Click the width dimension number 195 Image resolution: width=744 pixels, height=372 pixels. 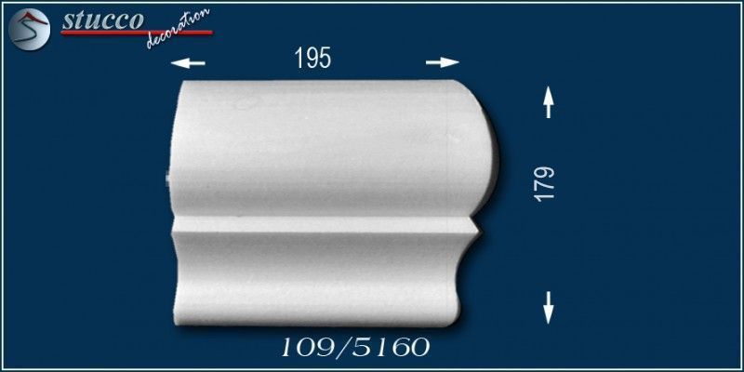312,59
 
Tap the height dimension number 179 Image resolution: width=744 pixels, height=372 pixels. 545,183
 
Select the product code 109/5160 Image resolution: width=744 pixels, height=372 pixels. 355,348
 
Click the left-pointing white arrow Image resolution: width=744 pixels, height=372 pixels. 188,62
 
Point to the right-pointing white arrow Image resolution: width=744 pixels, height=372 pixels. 443,62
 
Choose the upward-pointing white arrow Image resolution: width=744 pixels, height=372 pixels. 548,102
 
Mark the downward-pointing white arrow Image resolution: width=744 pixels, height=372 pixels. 549,308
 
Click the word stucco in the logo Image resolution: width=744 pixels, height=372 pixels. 102,20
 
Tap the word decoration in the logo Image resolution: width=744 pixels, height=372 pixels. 178,29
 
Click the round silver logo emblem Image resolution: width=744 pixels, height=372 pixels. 29,29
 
